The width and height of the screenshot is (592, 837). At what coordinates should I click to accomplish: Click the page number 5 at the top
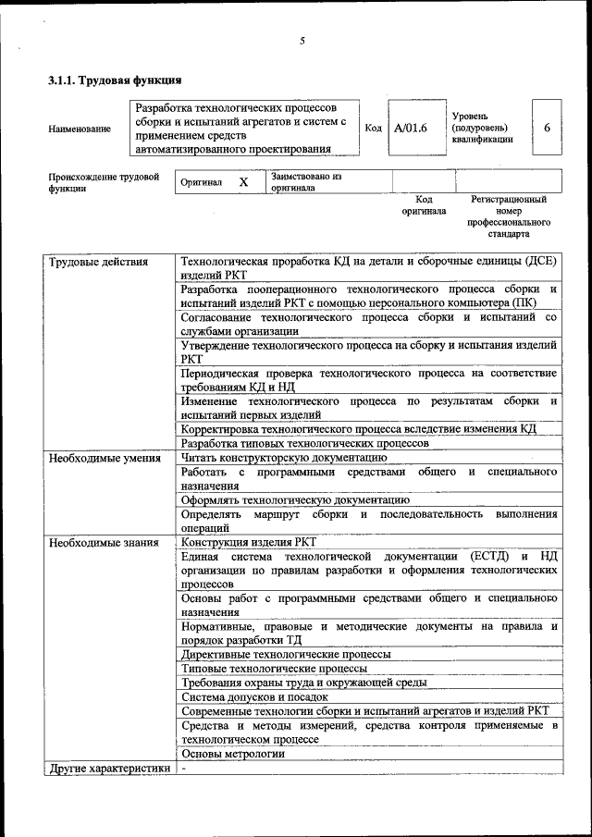[x=302, y=41]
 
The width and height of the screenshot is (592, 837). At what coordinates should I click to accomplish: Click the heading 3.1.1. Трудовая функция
[x=113, y=80]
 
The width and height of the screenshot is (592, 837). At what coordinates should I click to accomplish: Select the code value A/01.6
[x=411, y=128]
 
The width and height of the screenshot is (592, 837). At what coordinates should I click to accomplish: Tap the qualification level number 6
[x=547, y=128]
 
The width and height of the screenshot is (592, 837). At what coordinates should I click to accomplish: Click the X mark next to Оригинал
[x=243, y=182]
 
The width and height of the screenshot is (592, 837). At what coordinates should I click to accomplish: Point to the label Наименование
[x=80, y=129]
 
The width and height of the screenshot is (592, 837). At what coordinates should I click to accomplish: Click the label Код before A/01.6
[x=374, y=128]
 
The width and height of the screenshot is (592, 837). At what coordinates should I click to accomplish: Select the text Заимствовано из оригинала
[x=306, y=181]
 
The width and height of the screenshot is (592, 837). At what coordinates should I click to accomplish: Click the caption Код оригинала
[x=424, y=204]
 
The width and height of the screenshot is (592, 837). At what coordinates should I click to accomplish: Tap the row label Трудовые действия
[x=98, y=262]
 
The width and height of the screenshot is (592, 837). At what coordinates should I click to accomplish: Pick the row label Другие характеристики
[x=108, y=768]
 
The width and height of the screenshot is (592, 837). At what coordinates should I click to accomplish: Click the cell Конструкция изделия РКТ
[x=249, y=542]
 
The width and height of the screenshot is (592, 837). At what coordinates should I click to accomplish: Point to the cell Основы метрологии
[x=232, y=753]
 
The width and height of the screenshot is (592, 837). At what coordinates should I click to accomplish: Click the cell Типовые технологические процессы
[x=262, y=668]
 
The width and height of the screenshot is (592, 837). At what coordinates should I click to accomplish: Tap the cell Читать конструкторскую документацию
[x=283, y=457]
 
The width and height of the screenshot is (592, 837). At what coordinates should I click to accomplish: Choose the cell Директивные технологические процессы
[x=272, y=654]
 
